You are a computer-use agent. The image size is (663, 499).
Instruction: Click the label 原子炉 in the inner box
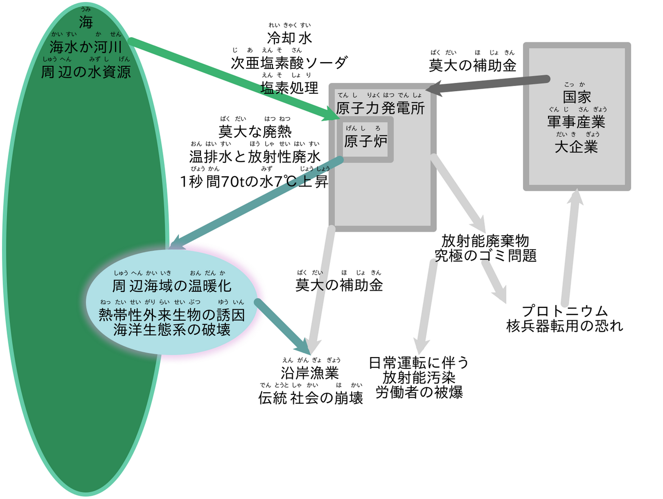(x=366, y=141)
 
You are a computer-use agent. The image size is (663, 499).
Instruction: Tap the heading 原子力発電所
(x=380, y=108)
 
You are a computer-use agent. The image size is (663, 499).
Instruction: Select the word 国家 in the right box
(x=576, y=97)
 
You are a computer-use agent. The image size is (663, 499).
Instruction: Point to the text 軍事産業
(x=576, y=122)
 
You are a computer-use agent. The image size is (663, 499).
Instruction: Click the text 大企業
(x=576, y=147)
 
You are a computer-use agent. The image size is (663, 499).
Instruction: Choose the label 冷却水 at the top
(x=290, y=38)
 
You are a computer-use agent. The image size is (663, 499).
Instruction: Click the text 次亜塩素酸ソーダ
(x=290, y=63)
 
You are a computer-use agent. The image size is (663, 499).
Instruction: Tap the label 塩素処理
(x=290, y=88)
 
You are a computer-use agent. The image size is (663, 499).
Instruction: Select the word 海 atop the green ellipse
(x=86, y=22)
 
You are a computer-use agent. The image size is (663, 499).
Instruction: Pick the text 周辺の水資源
(x=86, y=72)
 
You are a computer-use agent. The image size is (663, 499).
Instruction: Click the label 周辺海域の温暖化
(x=171, y=286)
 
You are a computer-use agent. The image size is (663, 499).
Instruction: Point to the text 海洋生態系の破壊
(x=171, y=330)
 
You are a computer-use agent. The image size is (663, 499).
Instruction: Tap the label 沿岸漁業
(x=310, y=373)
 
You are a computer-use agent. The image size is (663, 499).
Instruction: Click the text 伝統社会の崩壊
(x=310, y=398)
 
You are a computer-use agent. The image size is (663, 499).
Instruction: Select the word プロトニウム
(x=564, y=311)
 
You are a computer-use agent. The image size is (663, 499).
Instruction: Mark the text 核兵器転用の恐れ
(x=564, y=326)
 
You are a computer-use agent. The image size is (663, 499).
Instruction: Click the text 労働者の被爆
(x=419, y=392)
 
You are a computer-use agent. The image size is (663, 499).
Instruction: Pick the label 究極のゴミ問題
(x=485, y=255)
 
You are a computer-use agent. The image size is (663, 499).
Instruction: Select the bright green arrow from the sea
(x=234, y=79)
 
